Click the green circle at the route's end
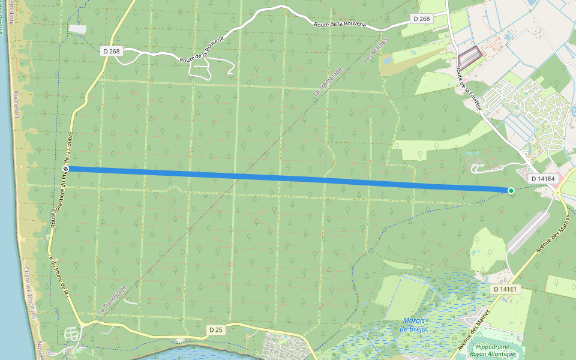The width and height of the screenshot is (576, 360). point(511,191)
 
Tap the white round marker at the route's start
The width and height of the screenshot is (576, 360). point(66,169)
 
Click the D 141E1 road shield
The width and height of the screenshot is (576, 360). point(504,289)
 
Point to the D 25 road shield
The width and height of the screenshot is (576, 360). point(216,330)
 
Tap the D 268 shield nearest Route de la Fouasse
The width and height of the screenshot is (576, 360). point(422,19)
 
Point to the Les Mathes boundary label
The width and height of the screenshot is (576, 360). point(376,50)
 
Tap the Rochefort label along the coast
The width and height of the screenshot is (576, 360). point(16,104)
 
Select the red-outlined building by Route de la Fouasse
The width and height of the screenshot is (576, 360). point(470,56)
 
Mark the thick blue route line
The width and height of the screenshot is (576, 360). point(288,178)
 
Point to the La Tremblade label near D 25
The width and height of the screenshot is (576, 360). point(112,299)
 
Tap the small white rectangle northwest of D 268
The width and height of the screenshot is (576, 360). point(77,28)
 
